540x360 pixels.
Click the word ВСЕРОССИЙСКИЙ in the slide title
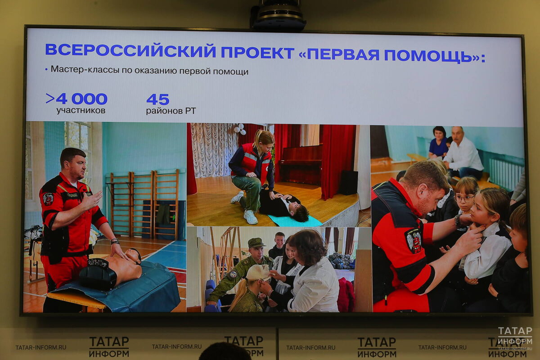130,50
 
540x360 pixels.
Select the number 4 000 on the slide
81,99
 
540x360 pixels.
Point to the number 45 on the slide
157,99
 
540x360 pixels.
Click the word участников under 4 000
81,111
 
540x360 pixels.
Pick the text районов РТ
171,111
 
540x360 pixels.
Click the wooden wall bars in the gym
144,202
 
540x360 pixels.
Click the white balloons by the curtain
239,129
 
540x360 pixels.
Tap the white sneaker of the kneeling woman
251,217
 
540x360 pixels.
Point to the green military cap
256,243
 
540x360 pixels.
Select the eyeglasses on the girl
463,198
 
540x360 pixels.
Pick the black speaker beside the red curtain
349,182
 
